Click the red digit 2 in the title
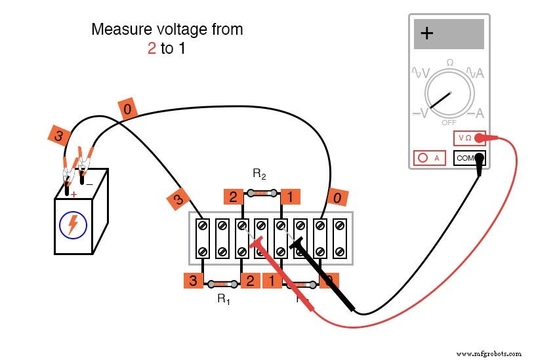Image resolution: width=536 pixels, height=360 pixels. point(152,49)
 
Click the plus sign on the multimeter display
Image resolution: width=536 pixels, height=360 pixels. point(426,34)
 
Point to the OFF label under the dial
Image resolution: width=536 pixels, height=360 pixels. point(449,123)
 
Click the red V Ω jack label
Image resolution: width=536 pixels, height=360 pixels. point(465,138)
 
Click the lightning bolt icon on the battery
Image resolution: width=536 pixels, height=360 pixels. point(73,225)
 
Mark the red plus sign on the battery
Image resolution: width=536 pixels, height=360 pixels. point(73,194)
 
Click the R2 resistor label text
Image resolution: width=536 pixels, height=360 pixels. point(259,174)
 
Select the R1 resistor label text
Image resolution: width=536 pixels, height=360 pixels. point(224,299)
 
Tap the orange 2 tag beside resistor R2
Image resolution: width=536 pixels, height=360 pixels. point(233,196)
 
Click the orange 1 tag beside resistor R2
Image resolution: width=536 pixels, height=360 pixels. point(289,196)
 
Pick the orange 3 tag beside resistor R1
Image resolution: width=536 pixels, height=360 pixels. point(193,281)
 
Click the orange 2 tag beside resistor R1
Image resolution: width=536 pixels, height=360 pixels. point(250,281)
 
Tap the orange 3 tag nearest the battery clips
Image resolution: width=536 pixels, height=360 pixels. point(59,136)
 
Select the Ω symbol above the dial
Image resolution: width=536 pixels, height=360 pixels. point(449,62)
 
